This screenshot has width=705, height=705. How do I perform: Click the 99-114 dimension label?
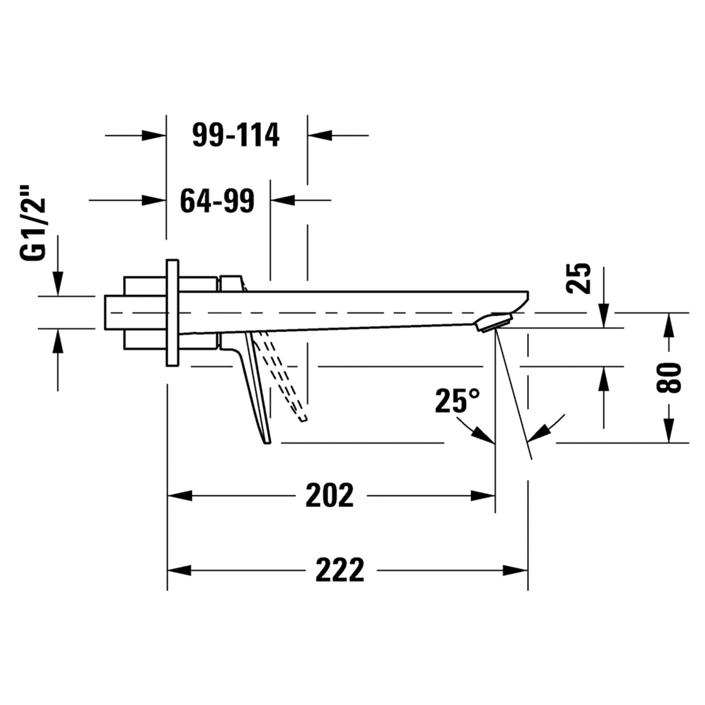pyautogui.click(x=236, y=135)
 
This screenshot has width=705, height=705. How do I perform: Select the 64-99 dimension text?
pyautogui.click(x=217, y=201)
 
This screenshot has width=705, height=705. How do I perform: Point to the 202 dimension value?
pyautogui.click(x=330, y=496)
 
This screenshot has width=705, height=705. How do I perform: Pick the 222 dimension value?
pyautogui.click(x=340, y=570)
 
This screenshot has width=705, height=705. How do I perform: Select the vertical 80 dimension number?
pyautogui.click(x=668, y=378)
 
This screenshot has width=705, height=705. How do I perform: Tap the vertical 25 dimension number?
pyautogui.click(x=578, y=278)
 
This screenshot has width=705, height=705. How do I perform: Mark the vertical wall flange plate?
pyautogui.click(x=173, y=313)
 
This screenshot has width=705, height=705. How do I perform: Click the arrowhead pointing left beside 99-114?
pyautogui.click(x=320, y=135)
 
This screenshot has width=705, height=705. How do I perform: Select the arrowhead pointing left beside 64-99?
pyautogui.click(x=283, y=200)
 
